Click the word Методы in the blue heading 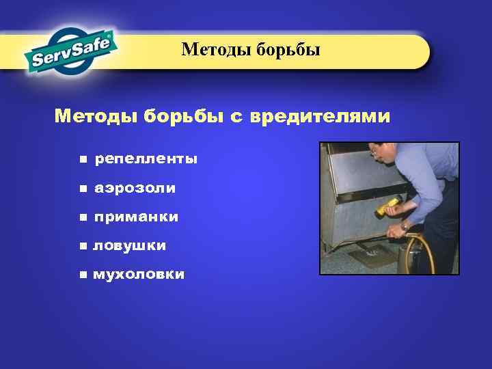pos(96,117)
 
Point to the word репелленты pos(146,159)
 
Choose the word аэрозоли pos(135,188)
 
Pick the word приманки pos(137,217)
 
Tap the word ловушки pos(130,245)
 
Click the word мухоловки pos(139,275)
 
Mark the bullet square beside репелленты pos(83,159)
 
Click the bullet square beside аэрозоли pos(83,188)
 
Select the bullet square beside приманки pos(83,217)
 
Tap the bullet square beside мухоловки pos(83,275)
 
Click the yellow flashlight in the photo pos(388,206)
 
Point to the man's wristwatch pos(406,225)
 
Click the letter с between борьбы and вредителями pos(235,118)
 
